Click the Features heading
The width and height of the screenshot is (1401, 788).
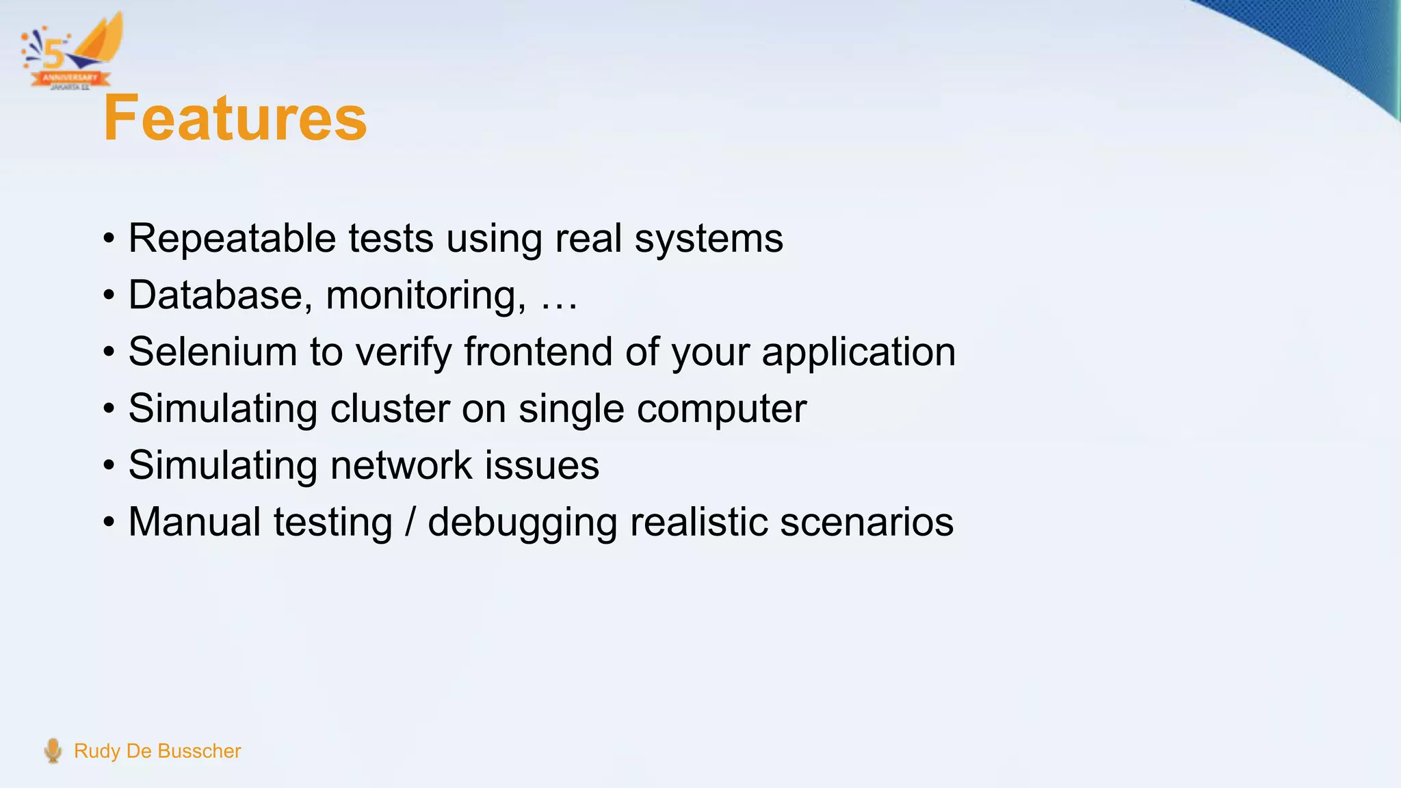pyautogui.click(x=235, y=118)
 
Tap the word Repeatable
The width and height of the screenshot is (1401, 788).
pyautogui.click(x=232, y=239)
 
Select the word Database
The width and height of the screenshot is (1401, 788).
pyautogui.click(x=215, y=295)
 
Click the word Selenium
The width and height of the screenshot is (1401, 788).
pyautogui.click(x=213, y=352)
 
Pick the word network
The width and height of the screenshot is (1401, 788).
pyautogui.click(x=402, y=465)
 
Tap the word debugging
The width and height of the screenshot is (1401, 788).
pyautogui.click(x=522, y=523)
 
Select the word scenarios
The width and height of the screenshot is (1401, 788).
pyautogui.click(x=866, y=522)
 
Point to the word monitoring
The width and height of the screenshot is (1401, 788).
pyautogui.click(x=425, y=296)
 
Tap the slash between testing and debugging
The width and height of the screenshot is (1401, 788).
pyautogui.click(x=410, y=522)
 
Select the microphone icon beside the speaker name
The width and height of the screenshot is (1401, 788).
pyautogui.click(x=53, y=750)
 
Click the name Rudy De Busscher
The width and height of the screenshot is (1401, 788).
pyautogui.click(x=157, y=751)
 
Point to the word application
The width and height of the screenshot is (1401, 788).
pyautogui.click(x=859, y=353)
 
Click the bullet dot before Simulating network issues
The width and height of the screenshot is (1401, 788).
pyautogui.click(x=109, y=466)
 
